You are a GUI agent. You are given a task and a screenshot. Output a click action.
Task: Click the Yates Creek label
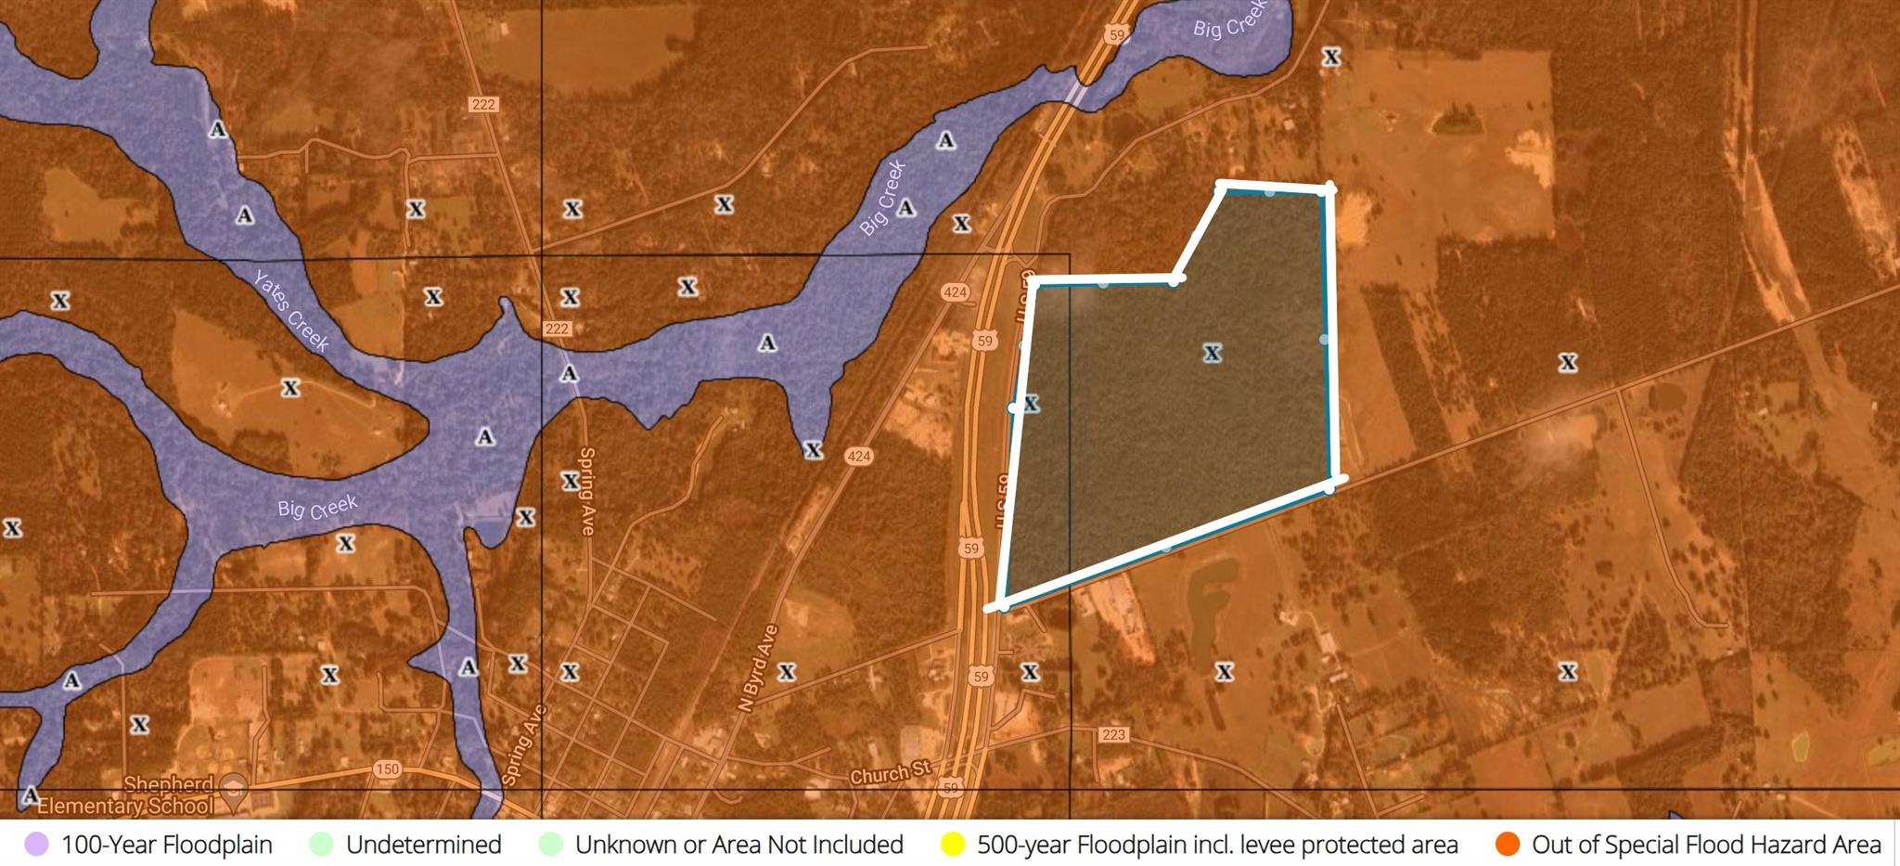291,312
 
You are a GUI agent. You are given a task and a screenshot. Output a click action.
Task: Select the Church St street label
891,772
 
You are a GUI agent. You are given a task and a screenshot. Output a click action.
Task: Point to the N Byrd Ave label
759,668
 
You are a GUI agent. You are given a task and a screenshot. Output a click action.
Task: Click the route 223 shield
1113,734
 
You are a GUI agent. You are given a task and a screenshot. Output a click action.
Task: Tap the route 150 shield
387,769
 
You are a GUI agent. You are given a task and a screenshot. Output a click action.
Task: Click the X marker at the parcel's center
1212,353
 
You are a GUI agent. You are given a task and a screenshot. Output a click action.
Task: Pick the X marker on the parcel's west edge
1030,404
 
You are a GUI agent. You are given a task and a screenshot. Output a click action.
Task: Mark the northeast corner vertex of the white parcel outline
1329,188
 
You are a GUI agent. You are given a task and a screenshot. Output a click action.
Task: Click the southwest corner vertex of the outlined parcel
1003,605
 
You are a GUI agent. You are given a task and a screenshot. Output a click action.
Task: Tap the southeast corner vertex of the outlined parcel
1330,485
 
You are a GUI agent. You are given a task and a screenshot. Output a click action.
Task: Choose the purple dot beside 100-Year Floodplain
36,845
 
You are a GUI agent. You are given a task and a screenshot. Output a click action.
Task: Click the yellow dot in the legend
953,845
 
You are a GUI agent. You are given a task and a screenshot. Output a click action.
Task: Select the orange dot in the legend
1508,845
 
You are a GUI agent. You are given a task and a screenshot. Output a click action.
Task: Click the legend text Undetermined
423,845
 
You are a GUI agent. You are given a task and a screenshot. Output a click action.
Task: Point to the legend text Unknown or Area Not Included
738,845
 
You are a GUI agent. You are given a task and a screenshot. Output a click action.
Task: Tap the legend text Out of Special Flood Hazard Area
1706,845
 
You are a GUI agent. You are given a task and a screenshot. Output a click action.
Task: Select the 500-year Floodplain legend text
1217,845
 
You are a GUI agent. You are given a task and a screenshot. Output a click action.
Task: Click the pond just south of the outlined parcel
1206,594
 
